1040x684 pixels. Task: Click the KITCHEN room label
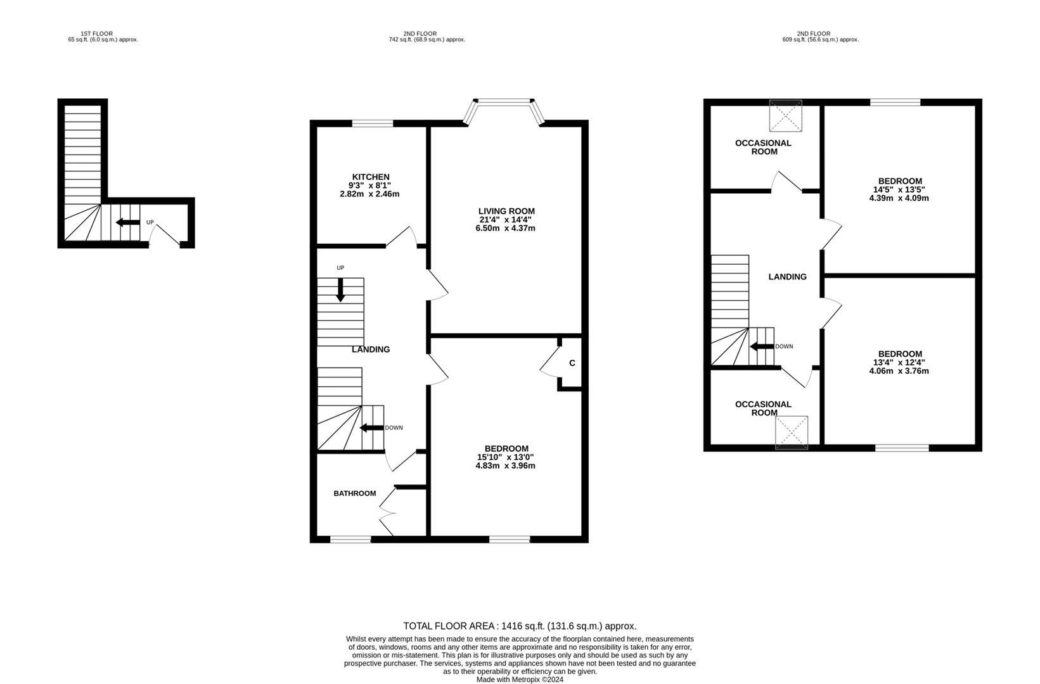point(371,177)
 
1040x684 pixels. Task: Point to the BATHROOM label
point(355,493)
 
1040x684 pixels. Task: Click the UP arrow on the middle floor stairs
point(340,289)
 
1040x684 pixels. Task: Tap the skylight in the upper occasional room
point(786,115)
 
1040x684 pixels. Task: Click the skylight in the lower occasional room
point(792,432)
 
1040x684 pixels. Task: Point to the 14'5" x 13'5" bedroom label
point(899,189)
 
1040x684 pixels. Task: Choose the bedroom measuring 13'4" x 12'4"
point(899,362)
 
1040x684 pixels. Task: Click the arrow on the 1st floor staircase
point(127,222)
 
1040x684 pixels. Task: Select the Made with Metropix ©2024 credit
point(520,680)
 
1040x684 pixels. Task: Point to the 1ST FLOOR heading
point(96,34)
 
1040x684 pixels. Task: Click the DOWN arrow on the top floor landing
point(761,346)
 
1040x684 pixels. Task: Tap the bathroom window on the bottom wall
point(350,540)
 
